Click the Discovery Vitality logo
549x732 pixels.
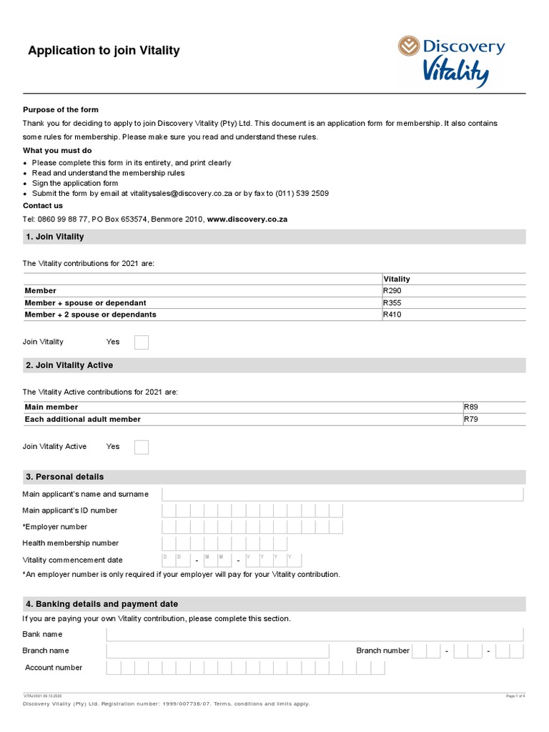coord(451,61)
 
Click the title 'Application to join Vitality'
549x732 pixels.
coord(104,51)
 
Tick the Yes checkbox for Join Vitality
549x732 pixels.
coord(142,342)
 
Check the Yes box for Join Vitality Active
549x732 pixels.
coord(142,447)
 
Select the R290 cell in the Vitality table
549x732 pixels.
coord(393,291)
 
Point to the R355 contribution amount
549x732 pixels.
coord(393,302)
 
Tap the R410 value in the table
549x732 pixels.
coord(393,315)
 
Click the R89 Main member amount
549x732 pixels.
coord(471,407)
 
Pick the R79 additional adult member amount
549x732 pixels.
coord(471,419)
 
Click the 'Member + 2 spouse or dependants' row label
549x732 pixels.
coord(91,315)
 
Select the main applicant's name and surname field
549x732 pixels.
coord(342,495)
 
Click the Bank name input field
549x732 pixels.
coord(315,635)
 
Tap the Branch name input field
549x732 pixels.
coord(217,651)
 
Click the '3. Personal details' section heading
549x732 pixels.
coord(65,477)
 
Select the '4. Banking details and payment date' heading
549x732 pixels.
coord(102,604)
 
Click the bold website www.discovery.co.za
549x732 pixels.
coord(247,219)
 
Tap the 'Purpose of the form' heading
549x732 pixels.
coord(61,110)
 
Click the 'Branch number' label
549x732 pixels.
coord(382,651)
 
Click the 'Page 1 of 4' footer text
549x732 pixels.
coord(515,696)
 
